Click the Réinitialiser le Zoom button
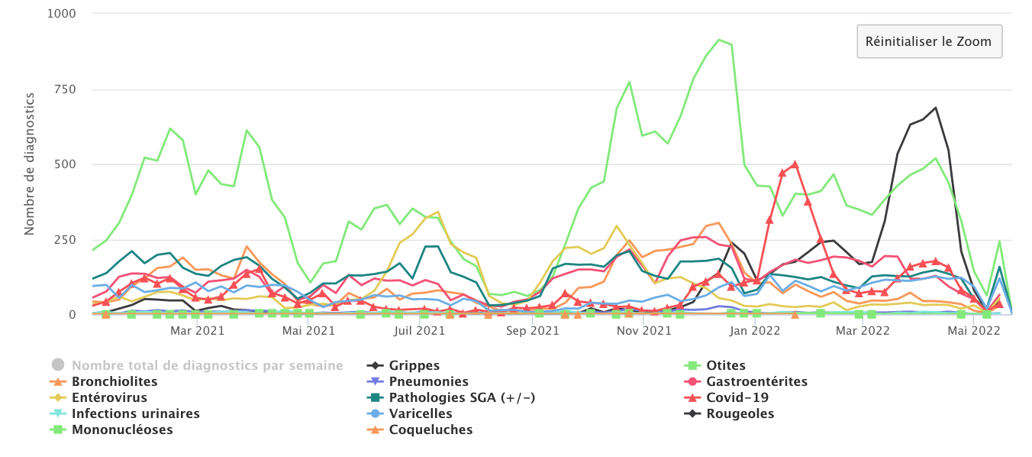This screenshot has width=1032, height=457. [929, 41]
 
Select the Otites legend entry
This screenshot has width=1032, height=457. [725, 366]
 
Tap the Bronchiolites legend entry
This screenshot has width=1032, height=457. [114, 381]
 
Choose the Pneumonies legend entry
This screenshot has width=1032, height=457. [428, 381]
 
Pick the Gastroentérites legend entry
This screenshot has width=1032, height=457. [756, 381]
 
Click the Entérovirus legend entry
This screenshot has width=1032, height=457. [109, 397]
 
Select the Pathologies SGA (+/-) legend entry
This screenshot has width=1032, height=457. [462, 397]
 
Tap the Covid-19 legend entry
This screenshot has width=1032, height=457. [737, 397]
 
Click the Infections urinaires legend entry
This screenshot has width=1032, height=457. [135, 413]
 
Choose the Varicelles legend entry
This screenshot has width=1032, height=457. [420, 413]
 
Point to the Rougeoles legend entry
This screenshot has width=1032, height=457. [740, 413]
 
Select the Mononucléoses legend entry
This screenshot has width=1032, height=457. [122, 429]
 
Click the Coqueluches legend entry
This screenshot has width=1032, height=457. [431, 429]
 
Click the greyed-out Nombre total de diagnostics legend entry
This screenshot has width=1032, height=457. [207, 366]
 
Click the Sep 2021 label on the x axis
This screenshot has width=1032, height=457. [533, 331]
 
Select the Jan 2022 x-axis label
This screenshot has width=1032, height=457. [754, 331]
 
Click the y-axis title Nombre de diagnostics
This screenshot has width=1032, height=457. [30, 164]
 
